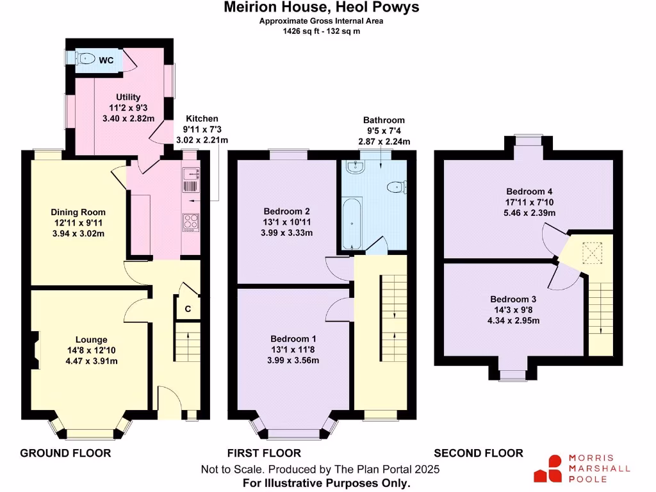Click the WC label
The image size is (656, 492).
point(106,60)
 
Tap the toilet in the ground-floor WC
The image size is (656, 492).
point(85,59)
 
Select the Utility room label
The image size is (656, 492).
point(128,97)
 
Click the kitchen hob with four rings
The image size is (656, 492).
point(192,221)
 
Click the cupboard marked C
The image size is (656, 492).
point(188,309)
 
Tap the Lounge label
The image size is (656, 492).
point(92,340)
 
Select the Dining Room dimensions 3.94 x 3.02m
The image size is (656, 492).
point(78,233)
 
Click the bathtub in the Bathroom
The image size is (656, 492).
point(351,224)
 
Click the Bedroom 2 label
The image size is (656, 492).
point(287,211)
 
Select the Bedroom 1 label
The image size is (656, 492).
point(293,339)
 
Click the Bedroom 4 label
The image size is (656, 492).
point(529,192)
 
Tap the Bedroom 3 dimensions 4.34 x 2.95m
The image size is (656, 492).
point(513,320)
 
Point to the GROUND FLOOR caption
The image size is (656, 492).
point(65,454)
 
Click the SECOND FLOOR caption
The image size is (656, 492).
point(478,454)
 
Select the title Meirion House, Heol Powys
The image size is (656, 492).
point(322,8)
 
